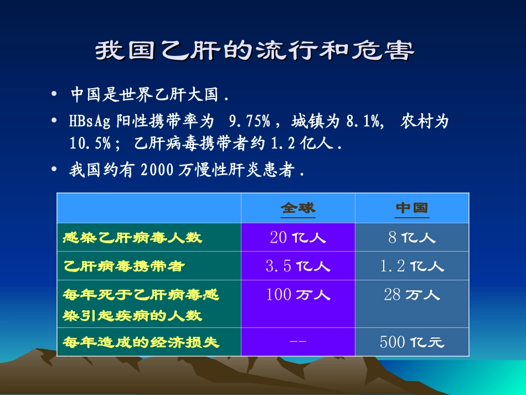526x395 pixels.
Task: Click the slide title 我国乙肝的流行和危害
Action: coord(255,51)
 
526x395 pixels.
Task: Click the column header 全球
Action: coord(298,208)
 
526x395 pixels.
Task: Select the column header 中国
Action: coord(412,208)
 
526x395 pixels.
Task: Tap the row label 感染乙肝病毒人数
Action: coord(133,238)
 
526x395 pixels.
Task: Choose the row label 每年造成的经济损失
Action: coord(142,342)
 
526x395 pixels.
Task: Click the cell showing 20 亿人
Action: coord(298,238)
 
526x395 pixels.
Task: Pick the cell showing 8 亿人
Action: coord(412,238)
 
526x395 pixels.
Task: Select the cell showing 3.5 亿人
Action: coord(298,266)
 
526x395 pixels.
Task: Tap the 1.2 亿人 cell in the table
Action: coord(412,266)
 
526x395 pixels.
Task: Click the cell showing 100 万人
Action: coord(298,295)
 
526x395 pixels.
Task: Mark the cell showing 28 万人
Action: coord(412,295)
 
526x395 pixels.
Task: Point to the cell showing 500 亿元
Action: coord(412,342)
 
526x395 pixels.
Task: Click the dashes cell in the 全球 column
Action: coord(298,342)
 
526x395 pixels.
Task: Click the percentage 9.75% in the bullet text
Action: coord(249,122)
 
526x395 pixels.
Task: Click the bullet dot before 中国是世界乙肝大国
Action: coord(54,95)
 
